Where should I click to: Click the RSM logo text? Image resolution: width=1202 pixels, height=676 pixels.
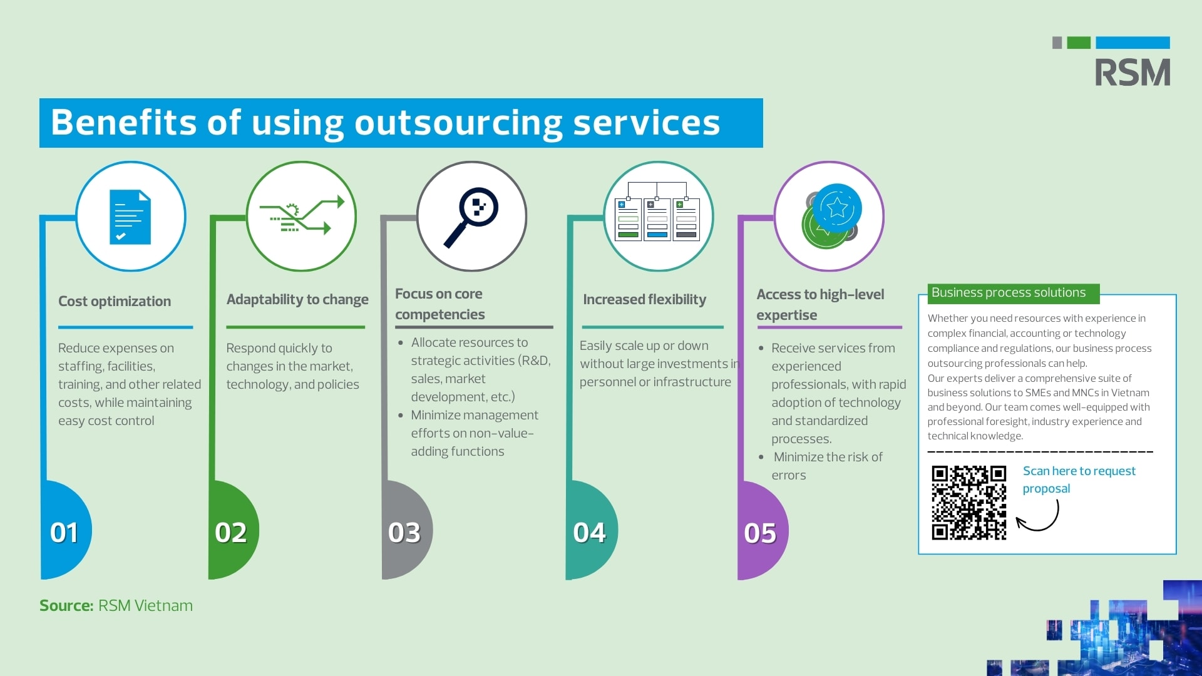[1132, 73]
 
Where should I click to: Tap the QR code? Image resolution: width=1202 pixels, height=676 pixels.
[968, 503]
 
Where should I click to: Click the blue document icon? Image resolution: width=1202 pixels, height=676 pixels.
[130, 217]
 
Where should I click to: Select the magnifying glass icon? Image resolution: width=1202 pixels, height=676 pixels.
[471, 216]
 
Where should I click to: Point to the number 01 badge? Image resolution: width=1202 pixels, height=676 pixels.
[64, 533]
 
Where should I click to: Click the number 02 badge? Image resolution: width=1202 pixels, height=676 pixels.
[231, 533]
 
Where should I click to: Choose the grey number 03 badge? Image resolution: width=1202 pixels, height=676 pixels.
[404, 533]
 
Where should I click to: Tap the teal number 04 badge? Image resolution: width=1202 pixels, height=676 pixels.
[589, 533]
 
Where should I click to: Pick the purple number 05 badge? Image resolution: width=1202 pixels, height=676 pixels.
[760, 533]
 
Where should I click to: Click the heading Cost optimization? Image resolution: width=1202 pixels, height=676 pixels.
[115, 301]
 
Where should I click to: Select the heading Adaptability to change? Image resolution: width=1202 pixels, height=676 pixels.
[297, 299]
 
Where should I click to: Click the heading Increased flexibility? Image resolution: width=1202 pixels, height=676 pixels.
[644, 299]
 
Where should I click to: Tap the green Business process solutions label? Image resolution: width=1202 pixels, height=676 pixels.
[1009, 292]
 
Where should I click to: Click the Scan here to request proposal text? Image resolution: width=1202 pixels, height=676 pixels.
[1079, 479]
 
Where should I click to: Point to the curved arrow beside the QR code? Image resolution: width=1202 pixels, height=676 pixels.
[1038, 517]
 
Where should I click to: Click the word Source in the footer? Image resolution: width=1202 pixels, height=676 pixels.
[66, 605]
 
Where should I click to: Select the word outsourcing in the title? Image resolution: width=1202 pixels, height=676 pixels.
[459, 123]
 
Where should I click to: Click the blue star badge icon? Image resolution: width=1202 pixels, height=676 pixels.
[836, 208]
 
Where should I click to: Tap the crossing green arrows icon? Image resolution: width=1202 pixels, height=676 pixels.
[302, 216]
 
